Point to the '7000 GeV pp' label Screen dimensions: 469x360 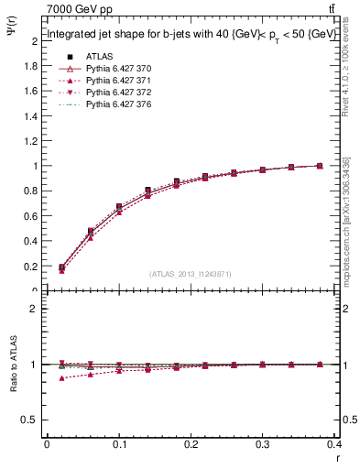click(x=73, y=8)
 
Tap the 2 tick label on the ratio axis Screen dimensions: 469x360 click(x=35, y=309)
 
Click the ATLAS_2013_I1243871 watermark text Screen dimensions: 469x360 click(x=191, y=274)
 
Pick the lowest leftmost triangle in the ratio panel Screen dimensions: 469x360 click(x=61, y=377)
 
